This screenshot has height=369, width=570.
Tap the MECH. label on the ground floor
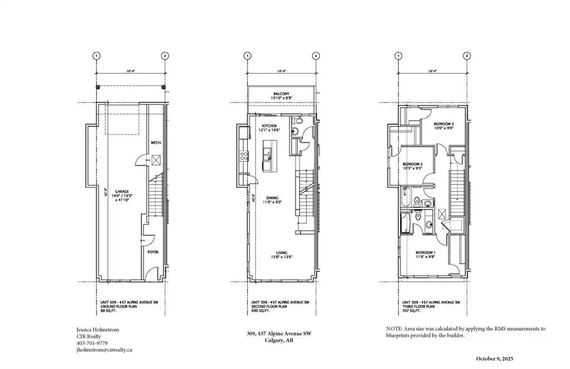[x=156, y=143]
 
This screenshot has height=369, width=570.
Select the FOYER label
[x=153, y=252]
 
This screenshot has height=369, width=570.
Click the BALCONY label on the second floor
[x=281, y=94]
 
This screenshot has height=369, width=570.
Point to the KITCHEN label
[x=269, y=127]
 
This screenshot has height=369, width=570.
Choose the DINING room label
[x=272, y=197]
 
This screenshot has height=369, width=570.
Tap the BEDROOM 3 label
[x=444, y=124]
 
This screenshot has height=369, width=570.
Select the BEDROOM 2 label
[x=412, y=164]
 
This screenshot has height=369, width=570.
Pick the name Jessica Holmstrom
[x=97, y=329]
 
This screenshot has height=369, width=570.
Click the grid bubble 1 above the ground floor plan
[x=97, y=56]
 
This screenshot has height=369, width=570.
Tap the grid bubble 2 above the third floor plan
[x=466, y=56]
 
